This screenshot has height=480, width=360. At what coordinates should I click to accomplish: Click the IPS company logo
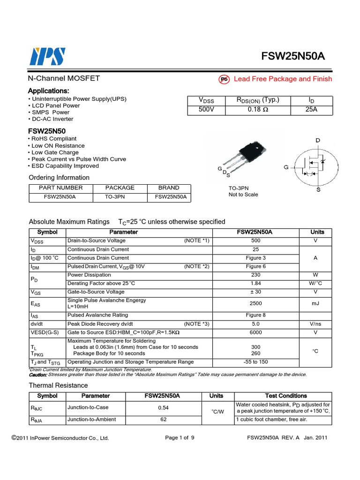(x=47, y=56)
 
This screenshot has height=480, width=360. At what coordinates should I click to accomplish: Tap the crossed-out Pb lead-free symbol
(x=224, y=79)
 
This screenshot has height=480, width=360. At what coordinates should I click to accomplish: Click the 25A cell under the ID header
(x=311, y=110)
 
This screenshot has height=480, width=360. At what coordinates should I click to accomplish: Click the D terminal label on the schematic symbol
(x=317, y=141)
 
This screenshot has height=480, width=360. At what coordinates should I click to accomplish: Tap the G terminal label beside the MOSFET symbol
(x=286, y=167)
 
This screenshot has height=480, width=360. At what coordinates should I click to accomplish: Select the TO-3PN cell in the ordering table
(x=120, y=197)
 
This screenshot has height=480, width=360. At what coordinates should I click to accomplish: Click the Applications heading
(x=49, y=90)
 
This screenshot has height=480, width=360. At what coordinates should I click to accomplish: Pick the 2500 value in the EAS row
(x=255, y=303)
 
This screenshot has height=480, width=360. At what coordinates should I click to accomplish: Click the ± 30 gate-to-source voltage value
(x=255, y=292)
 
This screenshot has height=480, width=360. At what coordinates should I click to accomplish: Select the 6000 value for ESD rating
(x=255, y=332)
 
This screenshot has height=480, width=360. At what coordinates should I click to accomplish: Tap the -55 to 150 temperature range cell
(x=255, y=362)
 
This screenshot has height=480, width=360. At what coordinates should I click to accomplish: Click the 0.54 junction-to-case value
(x=164, y=408)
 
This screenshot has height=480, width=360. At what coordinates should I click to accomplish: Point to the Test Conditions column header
(x=286, y=396)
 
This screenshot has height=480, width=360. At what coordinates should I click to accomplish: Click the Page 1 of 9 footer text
(x=180, y=438)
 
